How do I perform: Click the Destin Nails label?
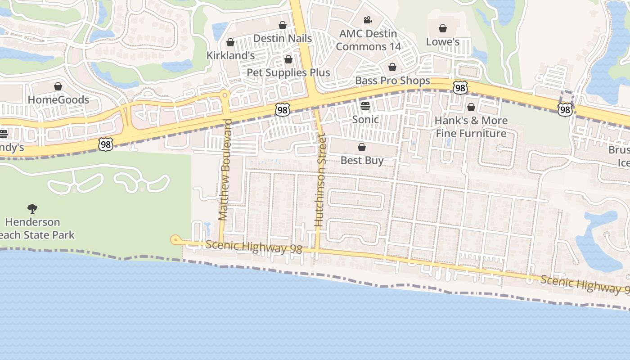coord(282,39)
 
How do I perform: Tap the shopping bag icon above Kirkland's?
coord(230,43)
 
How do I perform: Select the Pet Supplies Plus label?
coord(288,72)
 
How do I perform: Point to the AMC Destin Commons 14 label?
coord(368,40)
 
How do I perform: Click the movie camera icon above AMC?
coord(368,20)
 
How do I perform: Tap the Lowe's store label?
coord(443,42)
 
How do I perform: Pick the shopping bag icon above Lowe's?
coord(443,29)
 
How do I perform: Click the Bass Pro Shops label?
coord(392,81)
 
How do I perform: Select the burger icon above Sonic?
coord(365,107)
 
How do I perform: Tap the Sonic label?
coord(365,120)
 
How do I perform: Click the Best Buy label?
coord(362,161)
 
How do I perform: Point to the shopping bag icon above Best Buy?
coord(361,148)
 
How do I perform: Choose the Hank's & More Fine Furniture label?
coord(471,127)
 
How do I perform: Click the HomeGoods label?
coord(58,100)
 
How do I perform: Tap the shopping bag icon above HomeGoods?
coord(58,86)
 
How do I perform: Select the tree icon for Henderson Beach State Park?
coord(32,208)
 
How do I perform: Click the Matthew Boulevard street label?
coord(225,170)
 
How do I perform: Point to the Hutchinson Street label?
coord(319,180)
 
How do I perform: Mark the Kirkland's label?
coord(230,55)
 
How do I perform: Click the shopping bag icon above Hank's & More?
coord(471,107)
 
